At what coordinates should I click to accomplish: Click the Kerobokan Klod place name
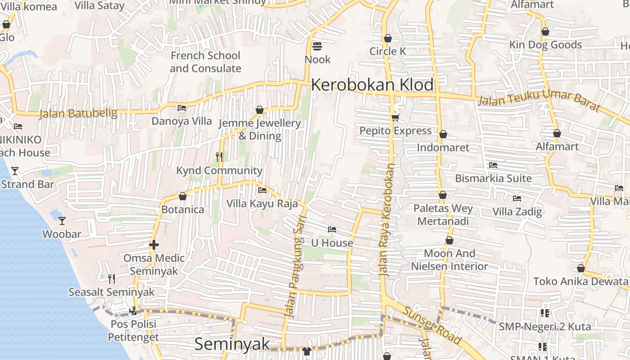pyautogui.click(x=373, y=85)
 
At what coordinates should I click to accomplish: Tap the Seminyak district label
pyautogui.click(x=232, y=344)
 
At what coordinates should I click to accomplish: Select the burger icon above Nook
pyautogui.click(x=317, y=46)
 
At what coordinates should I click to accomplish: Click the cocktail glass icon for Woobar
pyautogui.click(x=62, y=220)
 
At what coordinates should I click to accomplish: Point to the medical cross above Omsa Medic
pyautogui.click(x=154, y=245)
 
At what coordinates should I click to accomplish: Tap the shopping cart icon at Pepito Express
pyautogui.click(x=395, y=117)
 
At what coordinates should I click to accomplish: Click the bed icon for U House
pyautogui.click(x=332, y=229)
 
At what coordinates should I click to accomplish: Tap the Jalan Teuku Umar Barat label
pyautogui.click(x=539, y=100)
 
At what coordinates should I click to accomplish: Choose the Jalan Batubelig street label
pyautogui.click(x=78, y=113)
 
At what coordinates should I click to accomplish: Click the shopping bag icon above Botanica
pyautogui.click(x=183, y=196)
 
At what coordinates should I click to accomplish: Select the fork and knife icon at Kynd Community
pyautogui.click(x=219, y=157)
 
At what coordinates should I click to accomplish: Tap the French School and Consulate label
pyautogui.click(x=206, y=62)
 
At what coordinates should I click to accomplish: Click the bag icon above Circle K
pyautogui.click(x=388, y=38)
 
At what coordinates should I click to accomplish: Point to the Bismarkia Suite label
pyautogui.click(x=493, y=178)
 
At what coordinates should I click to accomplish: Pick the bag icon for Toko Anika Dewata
pyautogui.click(x=581, y=268)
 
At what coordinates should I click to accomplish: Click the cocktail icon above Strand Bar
pyautogui.click(x=15, y=171)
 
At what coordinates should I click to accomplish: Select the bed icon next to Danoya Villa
pyautogui.click(x=182, y=108)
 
